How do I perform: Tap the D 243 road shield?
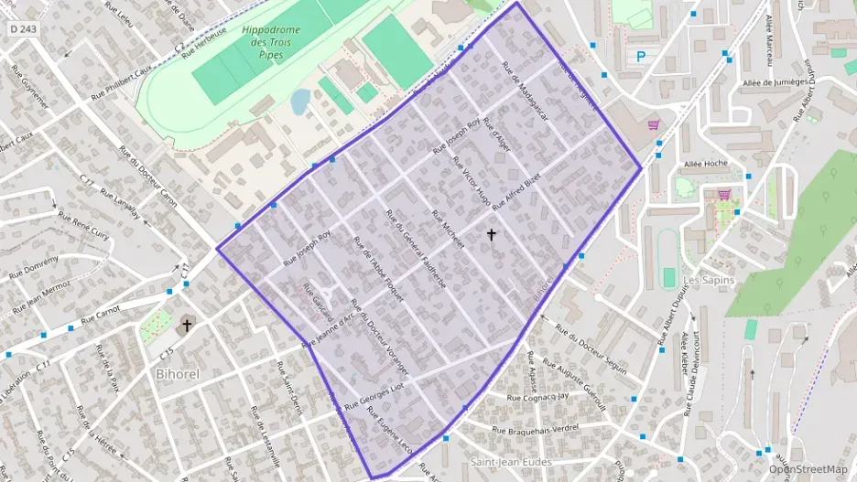tap(24, 29)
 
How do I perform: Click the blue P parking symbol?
tap(641, 57)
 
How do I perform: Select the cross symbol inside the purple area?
tap(492, 235)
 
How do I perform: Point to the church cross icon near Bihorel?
tap(188, 325)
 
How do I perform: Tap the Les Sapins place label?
tap(710, 280)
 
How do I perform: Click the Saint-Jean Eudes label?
tap(510, 462)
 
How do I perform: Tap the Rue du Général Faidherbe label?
tap(417, 250)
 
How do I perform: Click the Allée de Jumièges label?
tap(781, 84)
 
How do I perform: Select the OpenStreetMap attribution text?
tap(808, 469)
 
